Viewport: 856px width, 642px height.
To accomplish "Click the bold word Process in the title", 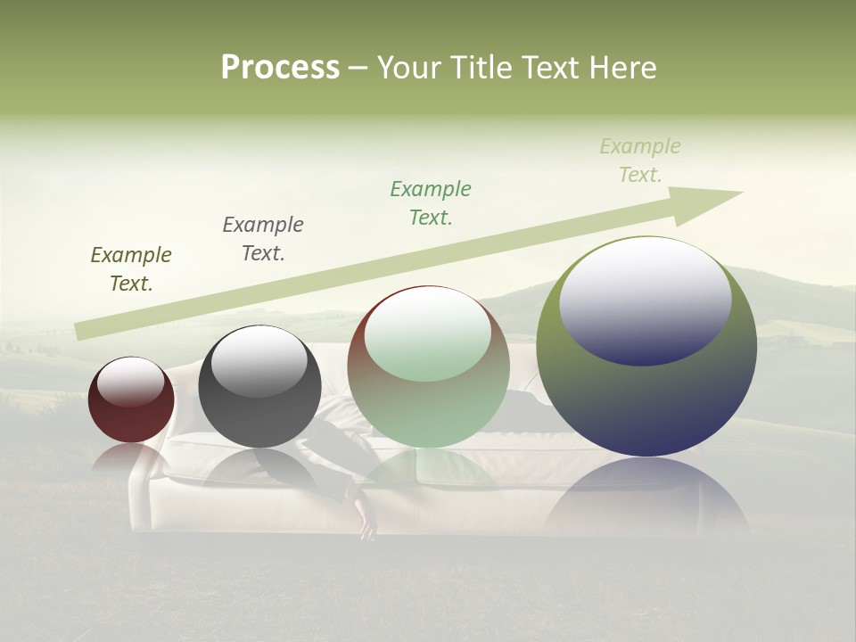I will [x=280, y=68].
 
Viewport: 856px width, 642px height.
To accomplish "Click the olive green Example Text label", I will [x=131, y=269].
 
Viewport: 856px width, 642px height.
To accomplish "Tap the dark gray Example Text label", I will [x=263, y=239].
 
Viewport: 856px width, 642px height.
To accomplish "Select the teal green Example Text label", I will [x=431, y=203].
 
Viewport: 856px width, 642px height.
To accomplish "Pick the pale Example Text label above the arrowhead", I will [x=640, y=160].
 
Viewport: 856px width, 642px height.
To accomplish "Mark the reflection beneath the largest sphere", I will [x=646, y=499].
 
